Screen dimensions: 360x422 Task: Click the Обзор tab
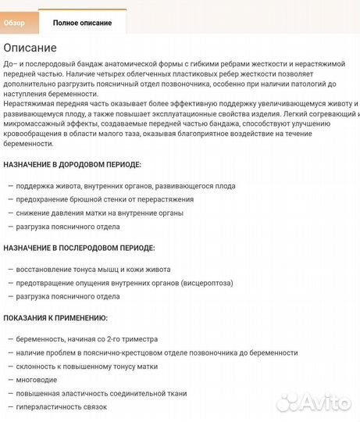14,23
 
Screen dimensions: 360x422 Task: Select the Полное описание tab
82,23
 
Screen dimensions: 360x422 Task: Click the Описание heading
30,48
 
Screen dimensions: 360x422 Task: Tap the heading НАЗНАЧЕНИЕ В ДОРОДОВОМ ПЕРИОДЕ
72,165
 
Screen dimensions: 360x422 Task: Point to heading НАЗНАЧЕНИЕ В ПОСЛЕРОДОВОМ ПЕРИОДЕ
79,248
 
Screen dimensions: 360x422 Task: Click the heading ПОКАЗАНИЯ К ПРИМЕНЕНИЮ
55,318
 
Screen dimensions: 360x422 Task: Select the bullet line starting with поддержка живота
125,186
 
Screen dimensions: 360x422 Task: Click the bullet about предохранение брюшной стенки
110,199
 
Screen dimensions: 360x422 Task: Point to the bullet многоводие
37,380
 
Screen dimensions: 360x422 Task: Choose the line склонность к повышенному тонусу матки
86,367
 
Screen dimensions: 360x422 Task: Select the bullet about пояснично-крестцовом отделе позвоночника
156,352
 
